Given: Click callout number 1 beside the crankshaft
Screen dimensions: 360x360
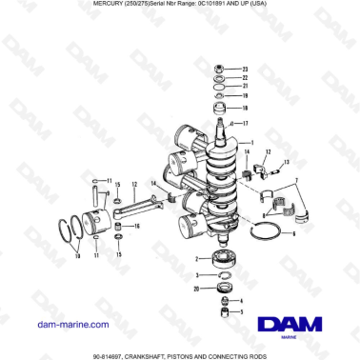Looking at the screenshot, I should click(x=251, y=143).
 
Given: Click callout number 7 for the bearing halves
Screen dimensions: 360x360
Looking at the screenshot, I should click(x=296, y=179).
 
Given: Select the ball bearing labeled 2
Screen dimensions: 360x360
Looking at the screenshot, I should click(x=218, y=258).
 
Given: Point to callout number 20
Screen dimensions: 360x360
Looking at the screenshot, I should click(x=195, y=288).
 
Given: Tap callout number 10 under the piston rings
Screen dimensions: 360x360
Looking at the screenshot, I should click(x=76, y=256).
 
